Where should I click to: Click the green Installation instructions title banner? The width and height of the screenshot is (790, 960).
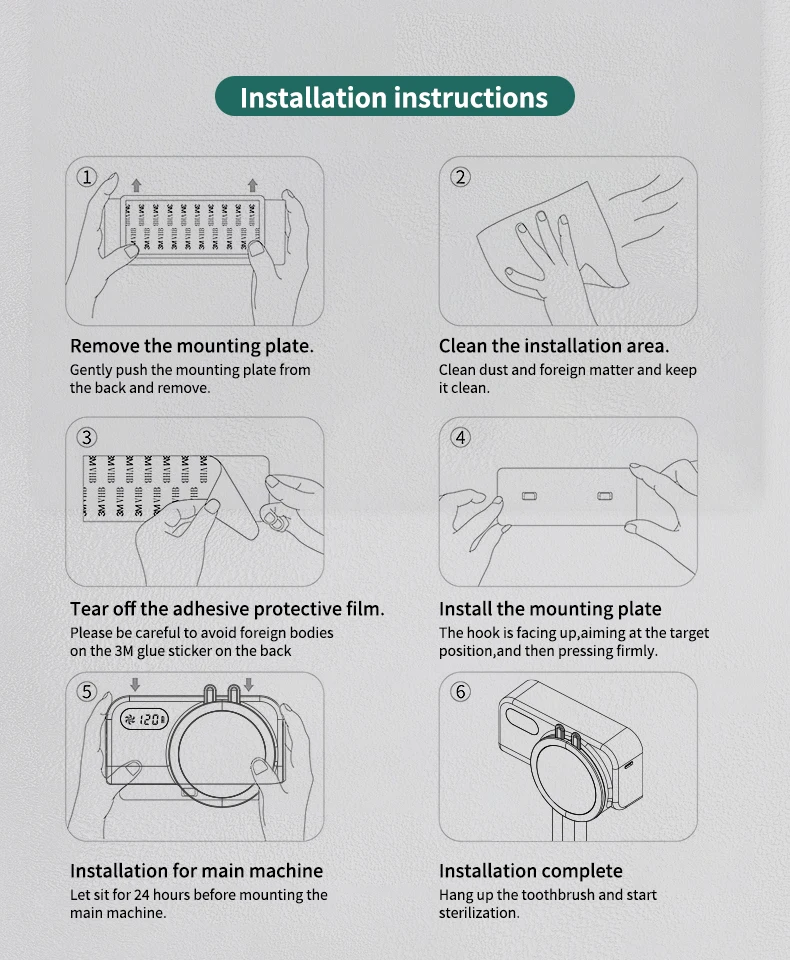click(x=394, y=96)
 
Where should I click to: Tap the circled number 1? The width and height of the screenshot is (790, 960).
click(x=86, y=178)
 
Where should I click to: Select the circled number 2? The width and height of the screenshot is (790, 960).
click(x=461, y=178)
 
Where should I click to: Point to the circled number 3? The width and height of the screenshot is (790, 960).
click(x=86, y=438)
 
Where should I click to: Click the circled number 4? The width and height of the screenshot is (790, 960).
click(x=461, y=438)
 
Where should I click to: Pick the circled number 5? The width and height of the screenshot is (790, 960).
click(x=86, y=692)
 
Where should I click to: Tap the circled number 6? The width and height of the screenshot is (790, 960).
click(x=461, y=692)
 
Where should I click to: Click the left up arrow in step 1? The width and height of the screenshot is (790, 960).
click(x=136, y=185)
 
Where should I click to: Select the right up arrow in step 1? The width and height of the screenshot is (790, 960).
click(x=252, y=185)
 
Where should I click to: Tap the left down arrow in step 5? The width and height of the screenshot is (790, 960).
click(x=135, y=684)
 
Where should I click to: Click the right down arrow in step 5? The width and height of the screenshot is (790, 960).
click(x=249, y=684)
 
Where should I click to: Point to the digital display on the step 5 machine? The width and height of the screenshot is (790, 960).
click(x=144, y=719)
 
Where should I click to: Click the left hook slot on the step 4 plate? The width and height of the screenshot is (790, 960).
click(x=529, y=495)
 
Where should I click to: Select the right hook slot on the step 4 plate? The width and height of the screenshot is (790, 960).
click(x=604, y=495)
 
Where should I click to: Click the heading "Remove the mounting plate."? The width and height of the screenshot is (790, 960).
click(x=192, y=347)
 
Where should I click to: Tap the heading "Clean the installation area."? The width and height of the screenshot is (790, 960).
click(x=554, y=347)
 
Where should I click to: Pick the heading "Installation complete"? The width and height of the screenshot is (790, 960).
click(x=531, y=871)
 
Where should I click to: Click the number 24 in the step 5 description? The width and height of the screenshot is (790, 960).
click(x=141, y=895)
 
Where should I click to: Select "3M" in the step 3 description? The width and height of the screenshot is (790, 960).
click(x=124, y=651)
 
